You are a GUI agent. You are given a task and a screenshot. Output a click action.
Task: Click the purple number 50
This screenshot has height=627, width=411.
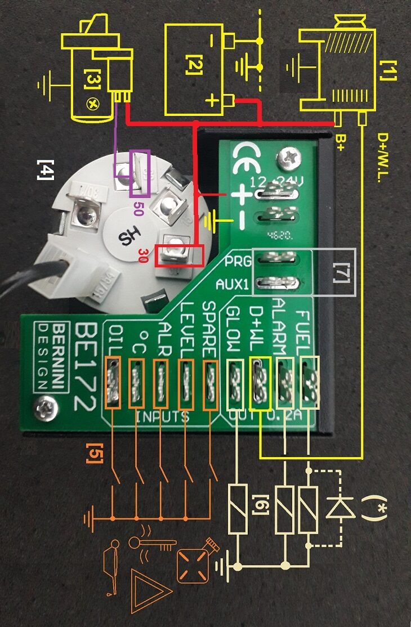point(137,209)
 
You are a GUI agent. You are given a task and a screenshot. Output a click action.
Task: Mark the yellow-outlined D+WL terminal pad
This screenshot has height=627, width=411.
point(260,385)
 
